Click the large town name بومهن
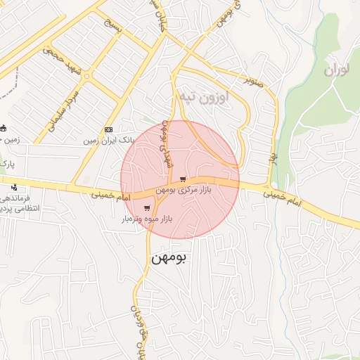coord(169,259)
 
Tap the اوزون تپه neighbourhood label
coord(222,97)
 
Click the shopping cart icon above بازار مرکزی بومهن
coord(183,179)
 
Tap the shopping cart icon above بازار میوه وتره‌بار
coord(146,208)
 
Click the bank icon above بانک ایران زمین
coord(108,129)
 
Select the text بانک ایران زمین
coord(108,141)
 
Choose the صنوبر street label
coord(254,82)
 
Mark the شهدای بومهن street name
coord(167,143)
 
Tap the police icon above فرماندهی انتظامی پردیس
coord(15,187)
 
